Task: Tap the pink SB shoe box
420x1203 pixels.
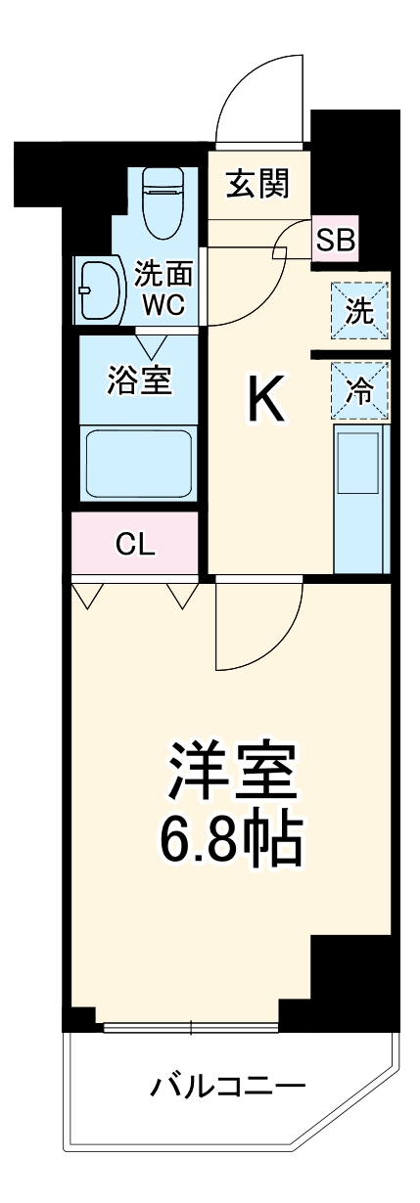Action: [x=335, y=241]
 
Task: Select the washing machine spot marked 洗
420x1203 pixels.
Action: [x=359, y=312]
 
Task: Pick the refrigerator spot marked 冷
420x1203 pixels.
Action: [x=359, y=389]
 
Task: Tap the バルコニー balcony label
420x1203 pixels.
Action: [x=228, y=1086]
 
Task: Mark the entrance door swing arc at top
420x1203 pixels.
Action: [x=258, y=91]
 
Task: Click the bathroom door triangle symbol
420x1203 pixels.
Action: [x=152, y=344]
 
